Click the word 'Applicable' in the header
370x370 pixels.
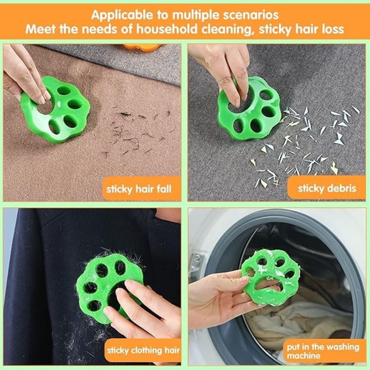[x=122, y=15]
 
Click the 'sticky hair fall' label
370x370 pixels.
[x=139, y=189]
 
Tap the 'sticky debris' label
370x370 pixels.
[x=327, y=188]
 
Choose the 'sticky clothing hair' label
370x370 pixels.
[x=143, y=350]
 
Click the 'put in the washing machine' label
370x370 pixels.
[x=323, y=351]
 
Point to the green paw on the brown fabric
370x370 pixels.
[x=56, y=110]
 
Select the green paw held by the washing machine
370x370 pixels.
[x=270, y=278]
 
